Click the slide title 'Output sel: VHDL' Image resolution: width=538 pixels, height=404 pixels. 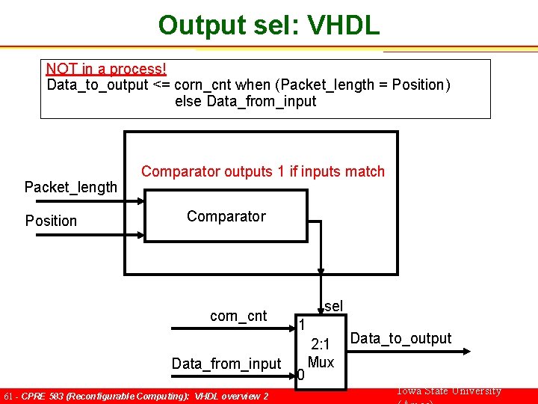tap(268, 25)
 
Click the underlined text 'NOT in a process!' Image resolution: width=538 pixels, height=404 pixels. tap(105, 69)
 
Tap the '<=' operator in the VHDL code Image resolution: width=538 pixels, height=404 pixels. tap(161, 85)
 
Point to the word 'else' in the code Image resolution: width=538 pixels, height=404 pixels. tap(188, 102)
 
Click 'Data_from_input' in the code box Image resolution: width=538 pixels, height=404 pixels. tap(261, 102)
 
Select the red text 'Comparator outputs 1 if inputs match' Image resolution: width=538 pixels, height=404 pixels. tap(263, 172)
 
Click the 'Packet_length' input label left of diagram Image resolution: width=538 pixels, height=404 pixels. tap(71, 187)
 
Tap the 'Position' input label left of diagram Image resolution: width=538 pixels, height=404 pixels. tap(51, 221)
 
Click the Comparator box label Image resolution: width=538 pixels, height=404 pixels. tap(226, 216)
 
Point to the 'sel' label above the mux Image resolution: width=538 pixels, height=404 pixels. tap(333, 306)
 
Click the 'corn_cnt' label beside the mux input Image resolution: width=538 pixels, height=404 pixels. tap(238, 316)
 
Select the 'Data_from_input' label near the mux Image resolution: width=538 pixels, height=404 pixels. tap(226, 364)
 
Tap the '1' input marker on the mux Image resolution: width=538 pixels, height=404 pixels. tap(301, 325)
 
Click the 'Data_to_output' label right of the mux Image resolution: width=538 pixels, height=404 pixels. tap(401, 338)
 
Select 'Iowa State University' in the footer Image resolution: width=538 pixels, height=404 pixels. tap(448, 391)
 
